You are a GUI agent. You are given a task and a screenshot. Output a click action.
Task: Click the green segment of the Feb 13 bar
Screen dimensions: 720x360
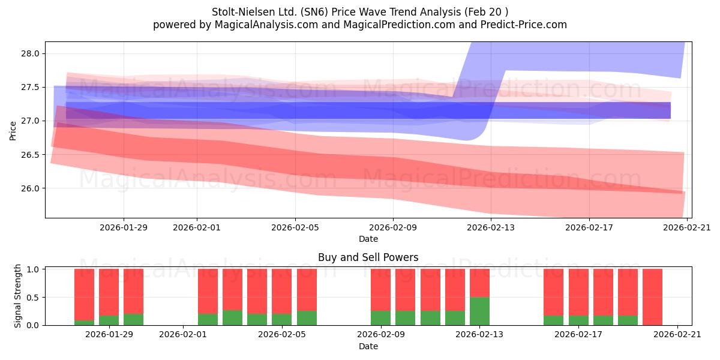pyautogui.click(x=479, y=311)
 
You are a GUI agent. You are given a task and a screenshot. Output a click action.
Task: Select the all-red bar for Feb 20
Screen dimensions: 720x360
pyautogui.click(x=653, y=297)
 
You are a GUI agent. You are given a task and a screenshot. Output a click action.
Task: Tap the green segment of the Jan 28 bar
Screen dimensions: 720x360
pyautogui.click(x=84, y=323)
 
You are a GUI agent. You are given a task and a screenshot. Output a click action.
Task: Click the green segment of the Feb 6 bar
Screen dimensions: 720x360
pyautogui.click(x=307, y=318)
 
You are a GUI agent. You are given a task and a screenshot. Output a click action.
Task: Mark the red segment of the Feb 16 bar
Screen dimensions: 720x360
pyautogui.click(x=553, y=292)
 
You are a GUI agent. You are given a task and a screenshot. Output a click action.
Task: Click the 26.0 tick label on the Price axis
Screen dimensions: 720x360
pyautogui.click(x=30, y=188)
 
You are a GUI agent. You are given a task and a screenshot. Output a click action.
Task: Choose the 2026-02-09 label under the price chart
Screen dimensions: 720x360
pyautogui.click(x=393, y=227)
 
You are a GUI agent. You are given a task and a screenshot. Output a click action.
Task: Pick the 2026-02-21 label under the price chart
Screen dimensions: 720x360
pyautogui.click(x=687, y=227)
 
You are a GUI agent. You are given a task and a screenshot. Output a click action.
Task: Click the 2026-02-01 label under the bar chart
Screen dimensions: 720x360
pyautogui.click(x=183, y=335)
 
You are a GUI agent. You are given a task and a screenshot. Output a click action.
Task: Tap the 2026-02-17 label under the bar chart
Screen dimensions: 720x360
pyautogui.click(x=578, y=335)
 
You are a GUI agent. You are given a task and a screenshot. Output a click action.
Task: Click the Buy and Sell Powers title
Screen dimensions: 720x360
pyautogui.click(x=368, y=257)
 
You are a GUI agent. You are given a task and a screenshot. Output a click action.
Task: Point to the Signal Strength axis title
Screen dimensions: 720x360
pyautogui.click(x=17, y=296)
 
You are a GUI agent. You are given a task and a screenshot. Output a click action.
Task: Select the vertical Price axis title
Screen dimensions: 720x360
pyautogui.click(x=13, y=131)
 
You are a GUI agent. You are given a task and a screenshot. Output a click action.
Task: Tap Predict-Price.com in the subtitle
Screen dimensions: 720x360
pyautogui.click(x=524, y=25)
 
